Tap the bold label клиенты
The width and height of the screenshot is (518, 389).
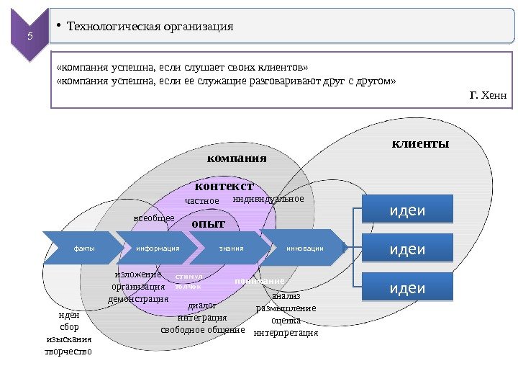(420, 144)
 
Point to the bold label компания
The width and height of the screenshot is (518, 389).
(237, 158)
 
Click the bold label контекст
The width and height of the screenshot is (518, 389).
(224, 187)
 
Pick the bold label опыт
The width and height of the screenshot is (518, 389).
(208, 224)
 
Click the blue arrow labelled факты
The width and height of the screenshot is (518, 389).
(83, 249)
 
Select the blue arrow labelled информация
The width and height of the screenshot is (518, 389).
(157, 249)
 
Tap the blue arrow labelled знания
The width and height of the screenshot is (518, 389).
(232, 249)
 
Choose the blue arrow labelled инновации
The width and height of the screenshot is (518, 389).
(305, 249)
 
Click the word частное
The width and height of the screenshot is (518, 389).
(202, 201)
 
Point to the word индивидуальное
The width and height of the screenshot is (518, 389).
(268, 198)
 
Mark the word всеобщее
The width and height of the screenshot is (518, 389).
(155, 217)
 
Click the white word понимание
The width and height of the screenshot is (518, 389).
(260, 280)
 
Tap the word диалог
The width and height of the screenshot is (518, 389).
(201, 305)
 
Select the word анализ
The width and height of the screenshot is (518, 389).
(286, 296)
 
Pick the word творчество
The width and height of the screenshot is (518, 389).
(68, 352)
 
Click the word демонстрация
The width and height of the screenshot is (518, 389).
(138, 298)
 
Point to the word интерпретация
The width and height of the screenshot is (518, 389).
(286, 333)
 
